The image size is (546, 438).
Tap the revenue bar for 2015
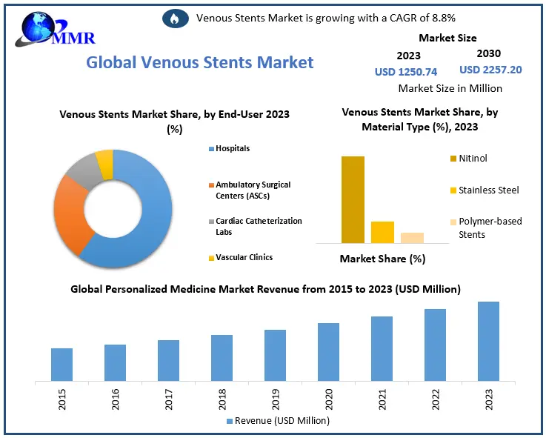click(x=61, y=364)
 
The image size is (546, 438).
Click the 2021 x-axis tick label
click(x=382, y=400)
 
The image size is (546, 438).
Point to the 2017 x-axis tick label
click(x=169, y=400)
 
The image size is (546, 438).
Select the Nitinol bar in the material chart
click(x=353, y=199)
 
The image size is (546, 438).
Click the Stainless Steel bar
click(x=382, y=232)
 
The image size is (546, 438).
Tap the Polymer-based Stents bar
click(x=412, y=237)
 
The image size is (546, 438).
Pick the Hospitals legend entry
click(x=231, y=149)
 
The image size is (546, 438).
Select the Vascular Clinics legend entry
click(x=242, y=258)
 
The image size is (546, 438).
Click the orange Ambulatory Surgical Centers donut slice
click(x=72, y=215)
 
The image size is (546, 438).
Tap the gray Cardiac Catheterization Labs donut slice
click(x=81, y=170)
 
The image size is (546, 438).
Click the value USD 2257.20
click(x=490, y=70)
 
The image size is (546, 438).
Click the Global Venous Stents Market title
click(x=200, y=62)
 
